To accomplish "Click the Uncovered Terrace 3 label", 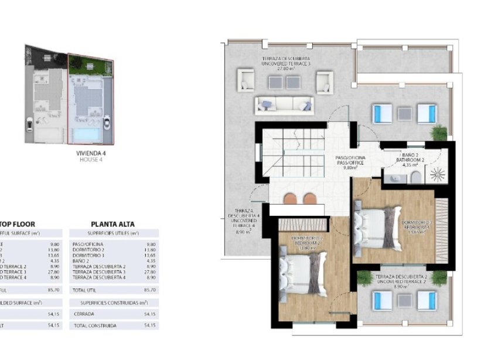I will (x=286, y=64).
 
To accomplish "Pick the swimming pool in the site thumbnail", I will (x=87, y=134).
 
